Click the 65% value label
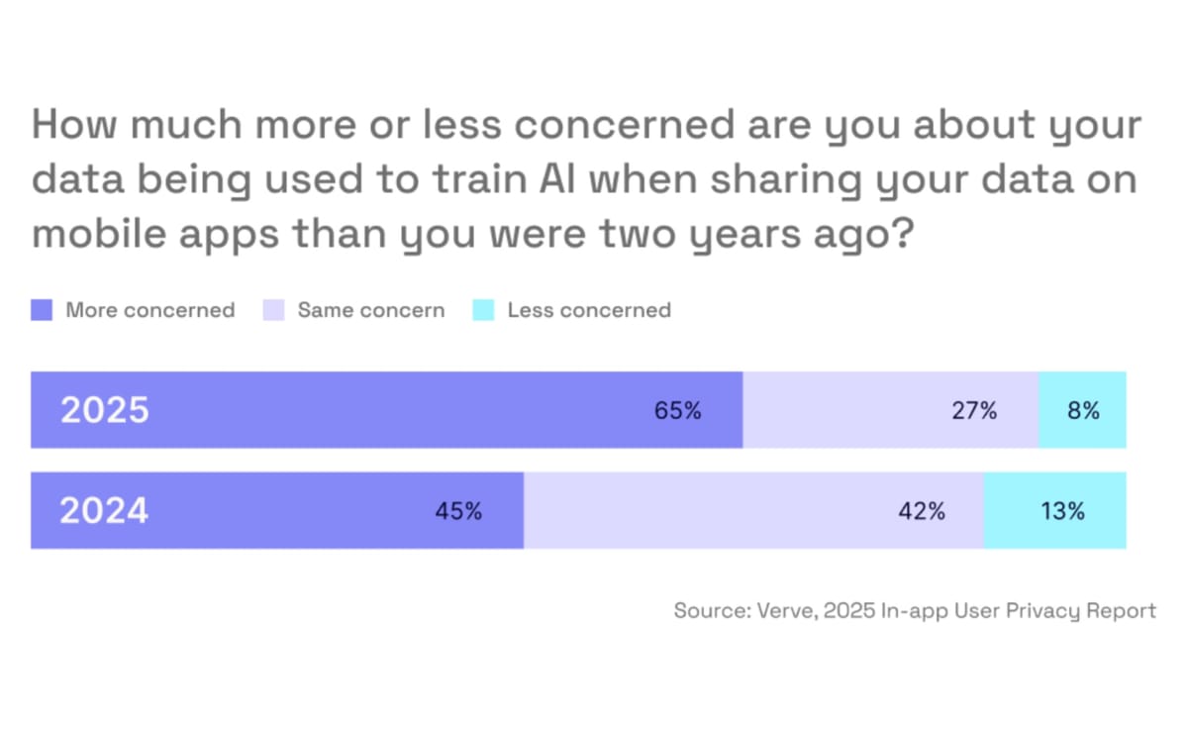pos(677,410)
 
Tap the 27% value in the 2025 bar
pos(974,410)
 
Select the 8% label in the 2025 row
pos(1083,410)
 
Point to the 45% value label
pos(458,511)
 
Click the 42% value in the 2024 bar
pos(922,511)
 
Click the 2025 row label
pos(105,410)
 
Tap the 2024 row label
pos(104,511)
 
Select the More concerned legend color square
pos(42,310)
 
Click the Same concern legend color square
pos(273,310)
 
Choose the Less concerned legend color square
pos(483,310)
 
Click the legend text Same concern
pos(371,310)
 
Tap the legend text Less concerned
pos(589,310)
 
